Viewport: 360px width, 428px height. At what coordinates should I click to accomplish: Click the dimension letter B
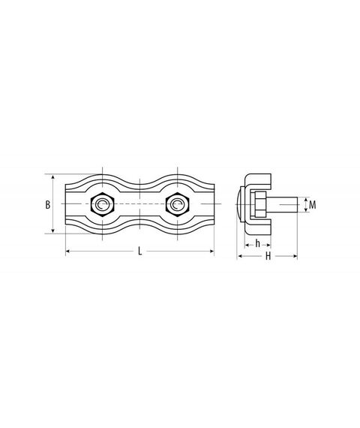(x=48, y=205)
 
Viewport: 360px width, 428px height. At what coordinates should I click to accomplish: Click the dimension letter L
(x=140, y=251)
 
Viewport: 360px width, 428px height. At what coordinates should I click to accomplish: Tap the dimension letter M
(x=313, y=205)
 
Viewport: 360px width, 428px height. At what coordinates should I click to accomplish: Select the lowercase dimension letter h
(x=258, y=243)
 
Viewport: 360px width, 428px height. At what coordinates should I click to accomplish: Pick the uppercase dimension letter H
(x=268, y=256)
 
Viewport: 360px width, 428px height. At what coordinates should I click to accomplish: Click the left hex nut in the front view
(x=103, y=204)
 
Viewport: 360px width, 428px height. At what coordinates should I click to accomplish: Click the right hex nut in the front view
(x=178, y=204)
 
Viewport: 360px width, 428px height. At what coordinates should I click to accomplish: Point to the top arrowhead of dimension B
(x=53, y=178)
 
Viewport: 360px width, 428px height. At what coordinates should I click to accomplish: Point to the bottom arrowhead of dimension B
(x=53, y=231)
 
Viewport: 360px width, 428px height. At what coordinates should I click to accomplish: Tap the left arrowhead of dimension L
(x=68, y=251)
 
